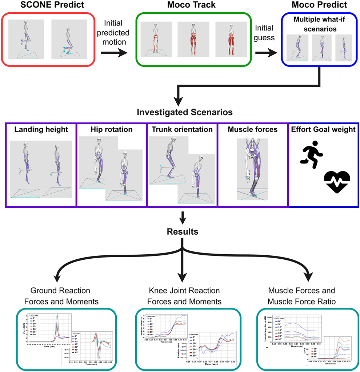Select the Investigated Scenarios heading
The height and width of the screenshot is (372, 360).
(x=185, y=112)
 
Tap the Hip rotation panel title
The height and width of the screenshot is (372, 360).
(x=111, y=130)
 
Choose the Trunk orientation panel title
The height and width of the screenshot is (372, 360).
(x=182, y=130)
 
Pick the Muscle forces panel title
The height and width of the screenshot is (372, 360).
(x=253, y=130)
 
